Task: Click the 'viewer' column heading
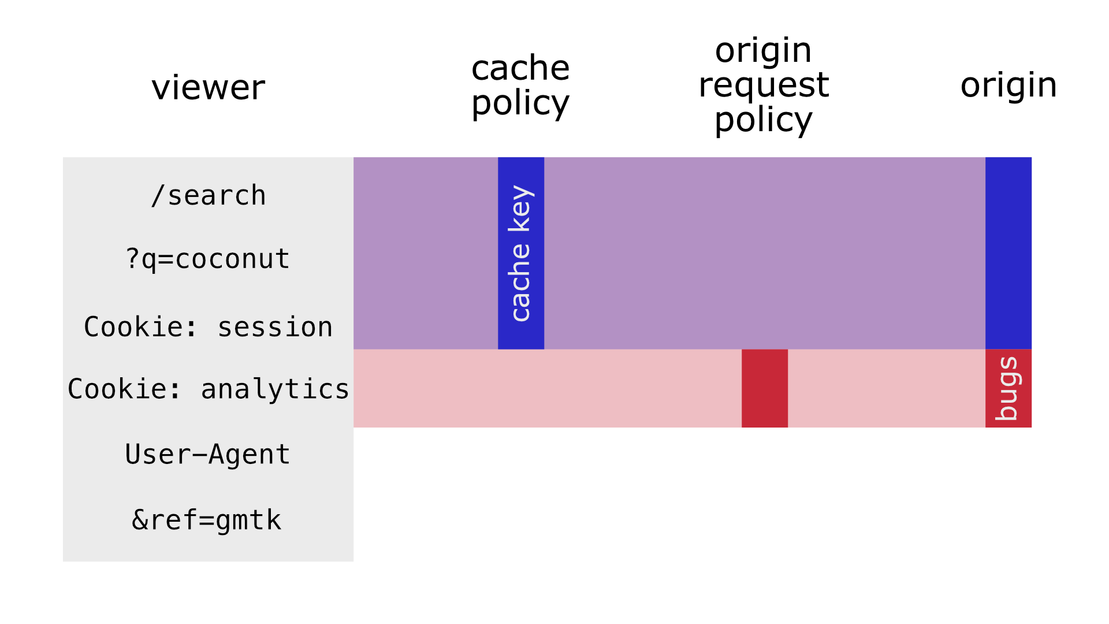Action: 209,88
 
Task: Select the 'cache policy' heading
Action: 520,86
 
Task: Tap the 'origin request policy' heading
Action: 764,85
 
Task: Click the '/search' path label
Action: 209,195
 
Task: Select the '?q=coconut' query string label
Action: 208,259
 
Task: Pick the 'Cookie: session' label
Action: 209,327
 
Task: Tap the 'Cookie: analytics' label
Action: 209,389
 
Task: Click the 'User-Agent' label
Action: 208,454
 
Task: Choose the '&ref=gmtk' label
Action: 207,520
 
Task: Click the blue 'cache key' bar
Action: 521,253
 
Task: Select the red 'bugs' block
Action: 1008,388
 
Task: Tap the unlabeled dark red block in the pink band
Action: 765,388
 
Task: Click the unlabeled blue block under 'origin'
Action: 1008,253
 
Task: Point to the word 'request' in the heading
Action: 764,86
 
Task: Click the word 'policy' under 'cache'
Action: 520,104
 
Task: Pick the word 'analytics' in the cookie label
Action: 275,389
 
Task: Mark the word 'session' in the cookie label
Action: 275,328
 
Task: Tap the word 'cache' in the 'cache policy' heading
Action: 520,68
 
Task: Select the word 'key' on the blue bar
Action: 521,208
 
